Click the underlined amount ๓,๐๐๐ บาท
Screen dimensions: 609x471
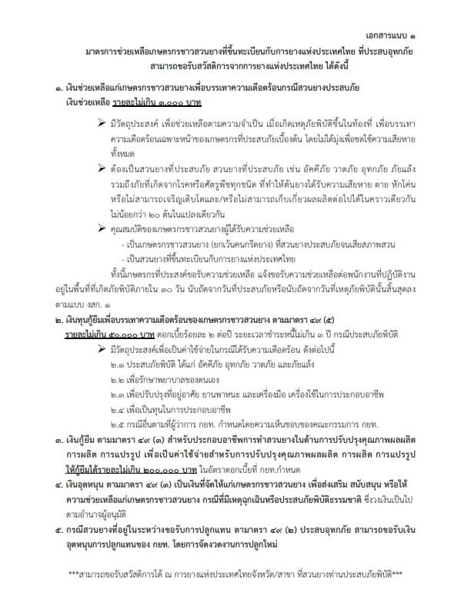point(171,102)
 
